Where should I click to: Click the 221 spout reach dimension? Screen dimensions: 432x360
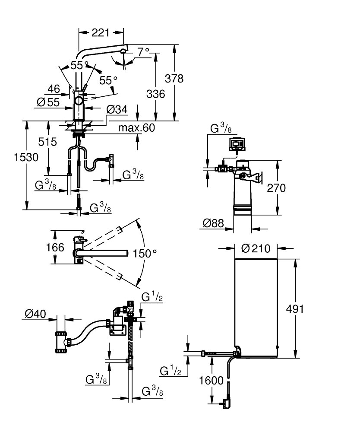pos(101,32)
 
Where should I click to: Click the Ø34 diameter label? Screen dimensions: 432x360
pos(117,111)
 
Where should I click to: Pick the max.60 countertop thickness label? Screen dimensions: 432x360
pos(136,128)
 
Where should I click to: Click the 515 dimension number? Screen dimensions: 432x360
pos(47,142)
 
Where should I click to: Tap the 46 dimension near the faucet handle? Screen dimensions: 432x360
pos(54,89)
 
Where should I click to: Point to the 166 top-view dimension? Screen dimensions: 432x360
pos(56,248)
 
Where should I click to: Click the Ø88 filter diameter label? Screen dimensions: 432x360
pos(214,223)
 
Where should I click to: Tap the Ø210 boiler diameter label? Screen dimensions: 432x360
pos(256,248)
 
